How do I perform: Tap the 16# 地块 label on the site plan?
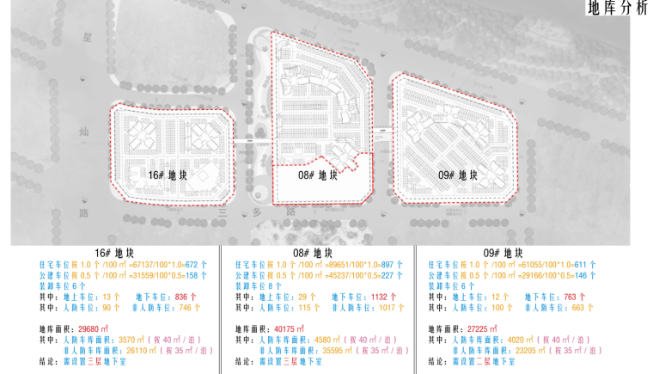(x=168, y=175)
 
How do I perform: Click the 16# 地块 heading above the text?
(x=113, y=253)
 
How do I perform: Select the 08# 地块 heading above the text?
(x=312, y=253)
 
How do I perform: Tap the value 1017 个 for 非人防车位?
(x=391, y=305)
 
